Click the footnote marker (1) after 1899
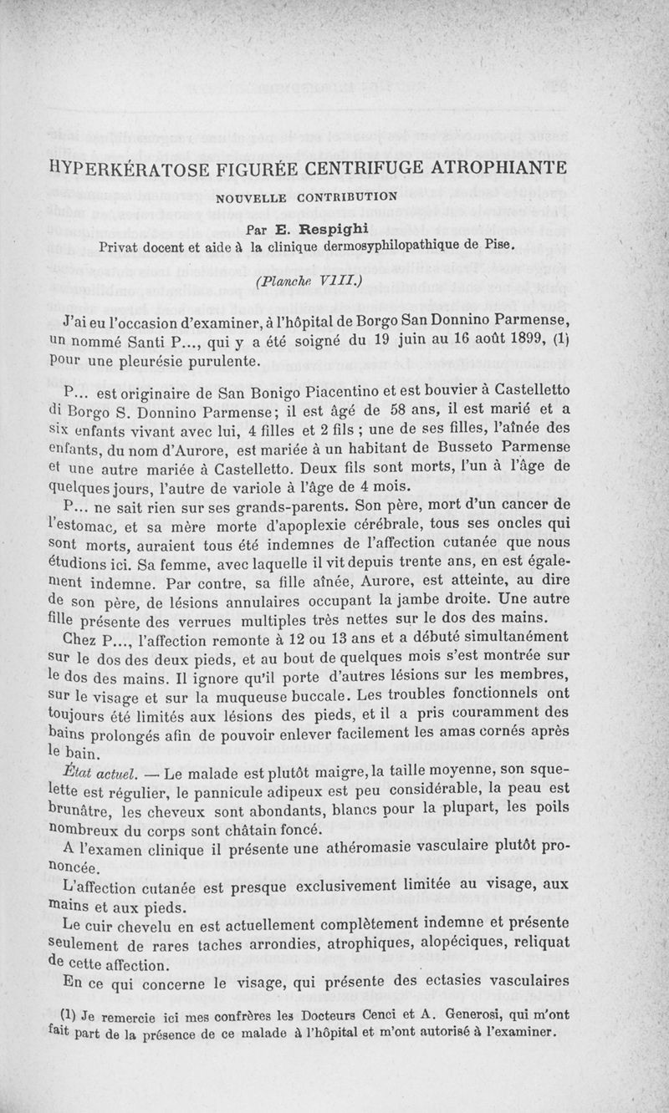coord(559,341)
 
